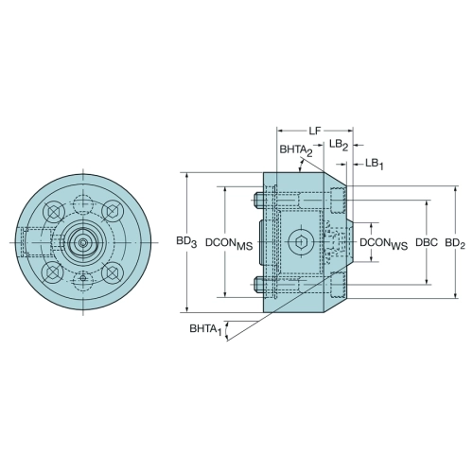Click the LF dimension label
314,131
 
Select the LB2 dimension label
339,145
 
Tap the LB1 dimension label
375,164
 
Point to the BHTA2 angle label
296,150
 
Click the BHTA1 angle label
205,329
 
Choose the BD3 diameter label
186,242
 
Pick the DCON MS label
229,243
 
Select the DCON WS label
384,243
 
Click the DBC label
427,242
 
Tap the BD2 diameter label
455,243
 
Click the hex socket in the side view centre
301,242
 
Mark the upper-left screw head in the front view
54,212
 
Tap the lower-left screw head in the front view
53,272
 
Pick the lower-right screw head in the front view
112,272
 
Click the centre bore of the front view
83,242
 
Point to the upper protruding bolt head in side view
259,200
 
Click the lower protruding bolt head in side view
259,285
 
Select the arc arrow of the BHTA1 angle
226,331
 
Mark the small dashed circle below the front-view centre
83,279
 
